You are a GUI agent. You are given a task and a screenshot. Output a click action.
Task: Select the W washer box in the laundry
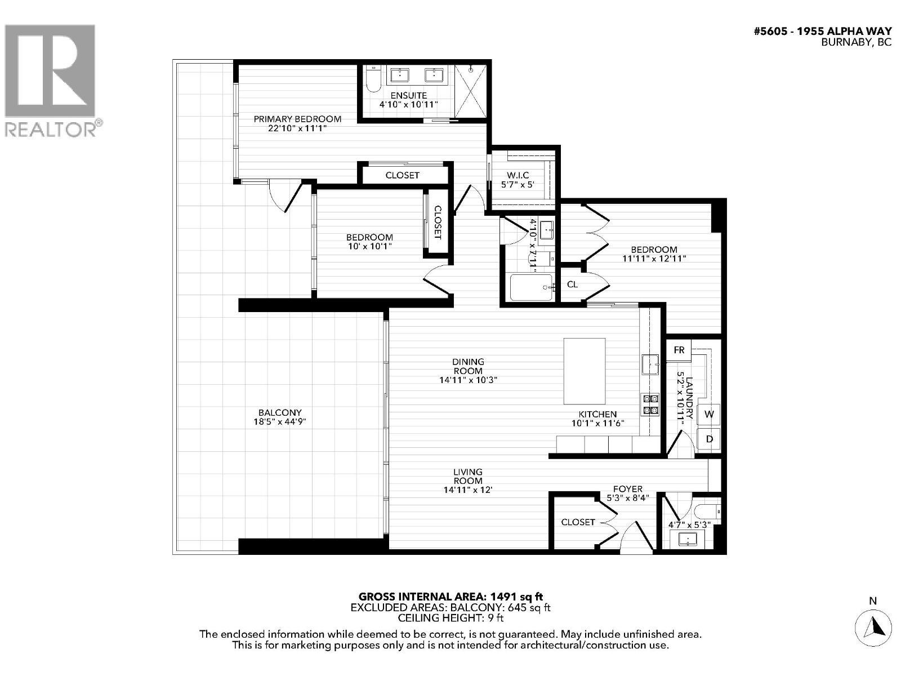click(x=709, y=414)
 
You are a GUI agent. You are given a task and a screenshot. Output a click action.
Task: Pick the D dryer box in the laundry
click(x=709, y=438)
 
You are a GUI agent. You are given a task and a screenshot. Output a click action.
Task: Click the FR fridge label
click(x=679, y=350)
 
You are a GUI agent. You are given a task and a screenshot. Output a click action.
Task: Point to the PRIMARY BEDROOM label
click(x=297, y=119)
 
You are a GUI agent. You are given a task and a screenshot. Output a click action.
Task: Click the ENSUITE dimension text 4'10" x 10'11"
click(x=408, y=105)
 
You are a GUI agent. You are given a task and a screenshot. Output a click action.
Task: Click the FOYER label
click(x=627, y=489)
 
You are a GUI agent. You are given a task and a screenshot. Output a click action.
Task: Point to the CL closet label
click(x=572, y=284)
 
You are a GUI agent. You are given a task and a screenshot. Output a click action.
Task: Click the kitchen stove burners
click(x=650, y=404)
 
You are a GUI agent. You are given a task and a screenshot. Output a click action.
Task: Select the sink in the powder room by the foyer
click(x=688, y=539)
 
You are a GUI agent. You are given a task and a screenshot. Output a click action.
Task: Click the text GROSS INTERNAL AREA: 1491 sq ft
click(x=450, y=596)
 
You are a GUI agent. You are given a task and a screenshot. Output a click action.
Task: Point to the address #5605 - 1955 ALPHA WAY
click(x=822, y=32)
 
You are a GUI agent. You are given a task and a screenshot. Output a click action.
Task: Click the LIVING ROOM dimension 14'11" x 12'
click(x=468, y=490)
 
